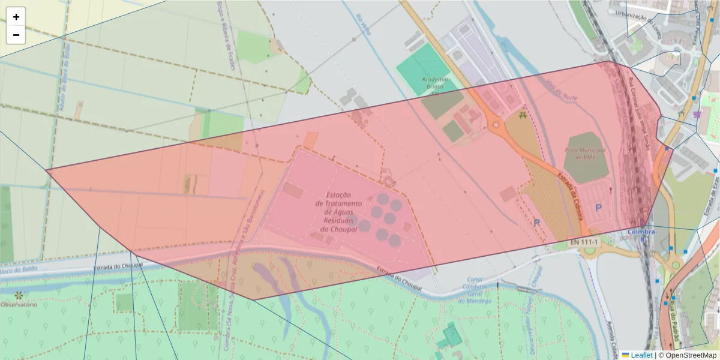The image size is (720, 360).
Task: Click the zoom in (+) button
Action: point(16,17)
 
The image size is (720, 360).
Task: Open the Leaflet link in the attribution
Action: point(641,355)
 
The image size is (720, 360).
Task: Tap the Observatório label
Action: point(19,305)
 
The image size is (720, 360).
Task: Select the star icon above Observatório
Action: point(19,295)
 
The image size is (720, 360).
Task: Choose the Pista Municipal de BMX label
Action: point(586,153)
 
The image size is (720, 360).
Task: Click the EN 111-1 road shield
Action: point(584,242)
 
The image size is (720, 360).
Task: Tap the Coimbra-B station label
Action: point(643,234)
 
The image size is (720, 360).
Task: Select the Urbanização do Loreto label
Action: point(631,12)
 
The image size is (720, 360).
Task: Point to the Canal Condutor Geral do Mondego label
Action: point(476,290)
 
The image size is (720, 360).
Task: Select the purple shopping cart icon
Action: point(696,113)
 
